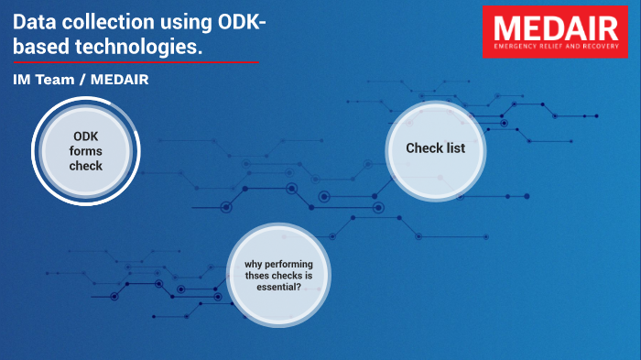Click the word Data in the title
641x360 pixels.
(35, 22)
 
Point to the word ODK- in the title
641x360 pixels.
(241, 22)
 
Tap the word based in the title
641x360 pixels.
(38, 46)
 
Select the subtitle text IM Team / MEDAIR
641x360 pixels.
(81, 81)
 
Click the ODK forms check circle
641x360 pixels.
(86, 150)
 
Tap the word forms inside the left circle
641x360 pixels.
(86, 151)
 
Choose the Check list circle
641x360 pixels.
(436, 148)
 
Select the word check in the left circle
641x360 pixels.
(86, 166)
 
